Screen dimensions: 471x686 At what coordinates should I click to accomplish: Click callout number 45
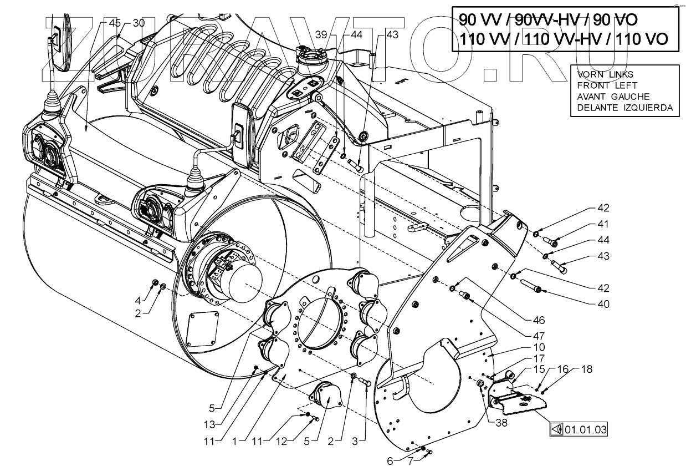(x=115, y=23)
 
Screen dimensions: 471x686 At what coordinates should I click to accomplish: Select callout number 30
(x=138, y=23)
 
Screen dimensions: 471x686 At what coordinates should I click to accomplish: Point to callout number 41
(x=587, y=224)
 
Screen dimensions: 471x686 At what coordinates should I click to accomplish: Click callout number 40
(x=587, y=303)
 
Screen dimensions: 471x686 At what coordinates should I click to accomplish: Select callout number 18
(x=586, y=368)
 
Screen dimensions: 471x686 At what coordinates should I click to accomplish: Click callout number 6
(x=390, y=460)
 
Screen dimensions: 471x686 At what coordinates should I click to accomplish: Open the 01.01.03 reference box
(x=582, y=429)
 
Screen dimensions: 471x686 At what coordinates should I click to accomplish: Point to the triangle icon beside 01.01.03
(x=557, y=429)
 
